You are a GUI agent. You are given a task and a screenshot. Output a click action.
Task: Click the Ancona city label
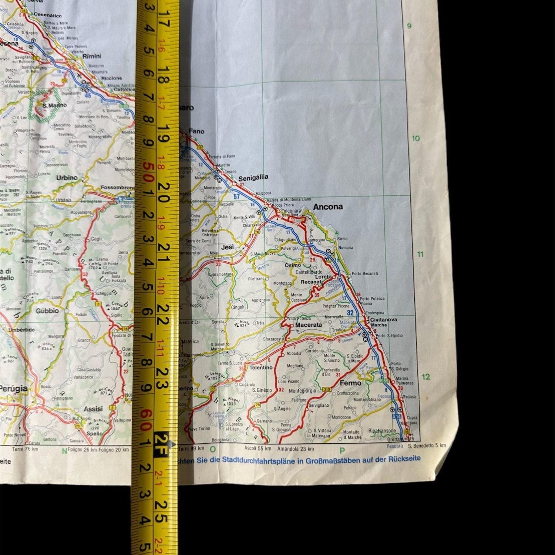[328, 207]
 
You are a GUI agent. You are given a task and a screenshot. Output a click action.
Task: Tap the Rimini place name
[92, 56]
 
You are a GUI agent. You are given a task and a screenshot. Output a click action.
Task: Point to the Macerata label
[309, 325]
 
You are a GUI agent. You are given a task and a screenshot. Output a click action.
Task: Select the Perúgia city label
[13, 388]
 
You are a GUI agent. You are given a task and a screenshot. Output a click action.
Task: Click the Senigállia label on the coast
[253, 177]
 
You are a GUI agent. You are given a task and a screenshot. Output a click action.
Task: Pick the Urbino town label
[67, 178]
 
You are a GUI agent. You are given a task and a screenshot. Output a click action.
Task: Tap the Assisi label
[93, 409]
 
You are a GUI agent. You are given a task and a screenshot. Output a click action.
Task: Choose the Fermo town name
[350, 383]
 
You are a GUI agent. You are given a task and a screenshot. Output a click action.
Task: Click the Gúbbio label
[47, 311]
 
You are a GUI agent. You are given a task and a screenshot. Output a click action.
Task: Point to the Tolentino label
[260, 368]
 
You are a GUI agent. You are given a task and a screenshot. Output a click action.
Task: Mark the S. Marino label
[54, 105]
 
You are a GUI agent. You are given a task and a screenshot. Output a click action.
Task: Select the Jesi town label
[227, 247]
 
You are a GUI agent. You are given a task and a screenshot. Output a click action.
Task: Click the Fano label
[196, 131]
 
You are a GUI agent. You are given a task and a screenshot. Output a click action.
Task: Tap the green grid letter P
[342, 450]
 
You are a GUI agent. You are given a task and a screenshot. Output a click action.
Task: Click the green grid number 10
[416, 138]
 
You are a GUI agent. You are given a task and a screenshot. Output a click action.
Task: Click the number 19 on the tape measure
[163, 139]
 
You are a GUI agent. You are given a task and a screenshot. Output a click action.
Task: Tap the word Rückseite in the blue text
[404, 459]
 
